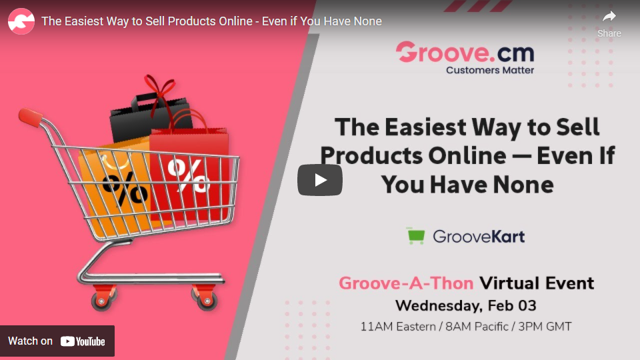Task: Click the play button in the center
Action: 319,180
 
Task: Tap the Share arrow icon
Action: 609,16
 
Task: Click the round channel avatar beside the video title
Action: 21,21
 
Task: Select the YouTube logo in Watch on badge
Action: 83,341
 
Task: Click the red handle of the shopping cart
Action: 30,117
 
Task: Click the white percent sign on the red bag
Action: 188,175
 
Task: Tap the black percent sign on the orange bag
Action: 125,188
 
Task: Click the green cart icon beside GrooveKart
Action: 416,235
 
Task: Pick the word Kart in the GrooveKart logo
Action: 507,236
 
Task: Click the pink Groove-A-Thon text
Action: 406,283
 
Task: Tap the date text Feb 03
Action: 512,305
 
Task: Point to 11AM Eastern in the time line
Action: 398,327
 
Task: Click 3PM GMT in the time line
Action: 545,327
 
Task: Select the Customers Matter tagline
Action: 490,70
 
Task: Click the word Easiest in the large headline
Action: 425,127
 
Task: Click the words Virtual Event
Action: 537,283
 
